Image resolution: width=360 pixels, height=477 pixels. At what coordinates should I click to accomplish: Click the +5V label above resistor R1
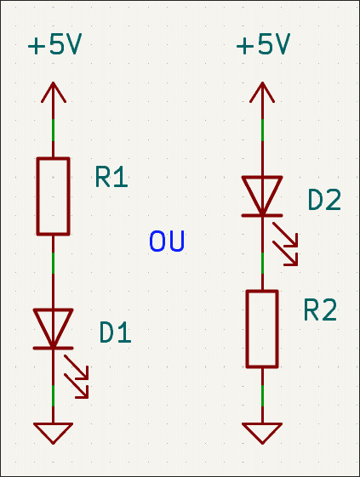[54, 44]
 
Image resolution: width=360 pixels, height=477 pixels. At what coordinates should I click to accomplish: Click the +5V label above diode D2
[264, 44]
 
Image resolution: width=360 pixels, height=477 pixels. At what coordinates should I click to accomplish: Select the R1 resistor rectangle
[54, 196]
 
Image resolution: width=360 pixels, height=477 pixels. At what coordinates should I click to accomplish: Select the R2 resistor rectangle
[262, 329]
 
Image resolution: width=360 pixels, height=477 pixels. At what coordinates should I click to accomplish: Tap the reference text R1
[111, 177]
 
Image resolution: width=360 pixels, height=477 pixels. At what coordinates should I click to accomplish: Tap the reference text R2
[320, 309]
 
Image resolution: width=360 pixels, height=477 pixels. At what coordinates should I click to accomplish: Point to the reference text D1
[116, 332]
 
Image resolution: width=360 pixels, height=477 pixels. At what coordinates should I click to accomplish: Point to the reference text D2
[324, 200]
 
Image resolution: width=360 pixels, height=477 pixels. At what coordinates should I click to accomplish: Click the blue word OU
[167, 241]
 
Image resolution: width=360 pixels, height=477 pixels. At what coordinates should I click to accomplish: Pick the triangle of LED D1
[54, 328]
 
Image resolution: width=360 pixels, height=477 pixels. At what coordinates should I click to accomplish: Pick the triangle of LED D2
[262, 196]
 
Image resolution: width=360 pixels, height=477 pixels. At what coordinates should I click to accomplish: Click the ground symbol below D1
[54, 433]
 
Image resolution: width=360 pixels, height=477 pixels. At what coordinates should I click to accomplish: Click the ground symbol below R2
[262, 433]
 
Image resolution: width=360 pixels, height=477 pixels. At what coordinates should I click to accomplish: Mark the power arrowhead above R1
[54, 91]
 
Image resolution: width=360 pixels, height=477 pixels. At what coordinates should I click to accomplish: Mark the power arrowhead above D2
[262, 91]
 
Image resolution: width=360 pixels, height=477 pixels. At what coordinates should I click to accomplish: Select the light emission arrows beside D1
[77, 377]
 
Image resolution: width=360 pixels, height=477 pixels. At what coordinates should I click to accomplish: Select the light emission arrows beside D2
[285, 244]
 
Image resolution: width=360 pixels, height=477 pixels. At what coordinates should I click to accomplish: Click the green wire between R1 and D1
[54, 263]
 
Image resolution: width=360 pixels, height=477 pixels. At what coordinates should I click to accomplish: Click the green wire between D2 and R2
[262, 263]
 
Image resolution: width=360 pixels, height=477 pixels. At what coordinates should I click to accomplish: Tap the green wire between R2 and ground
[262, 395]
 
